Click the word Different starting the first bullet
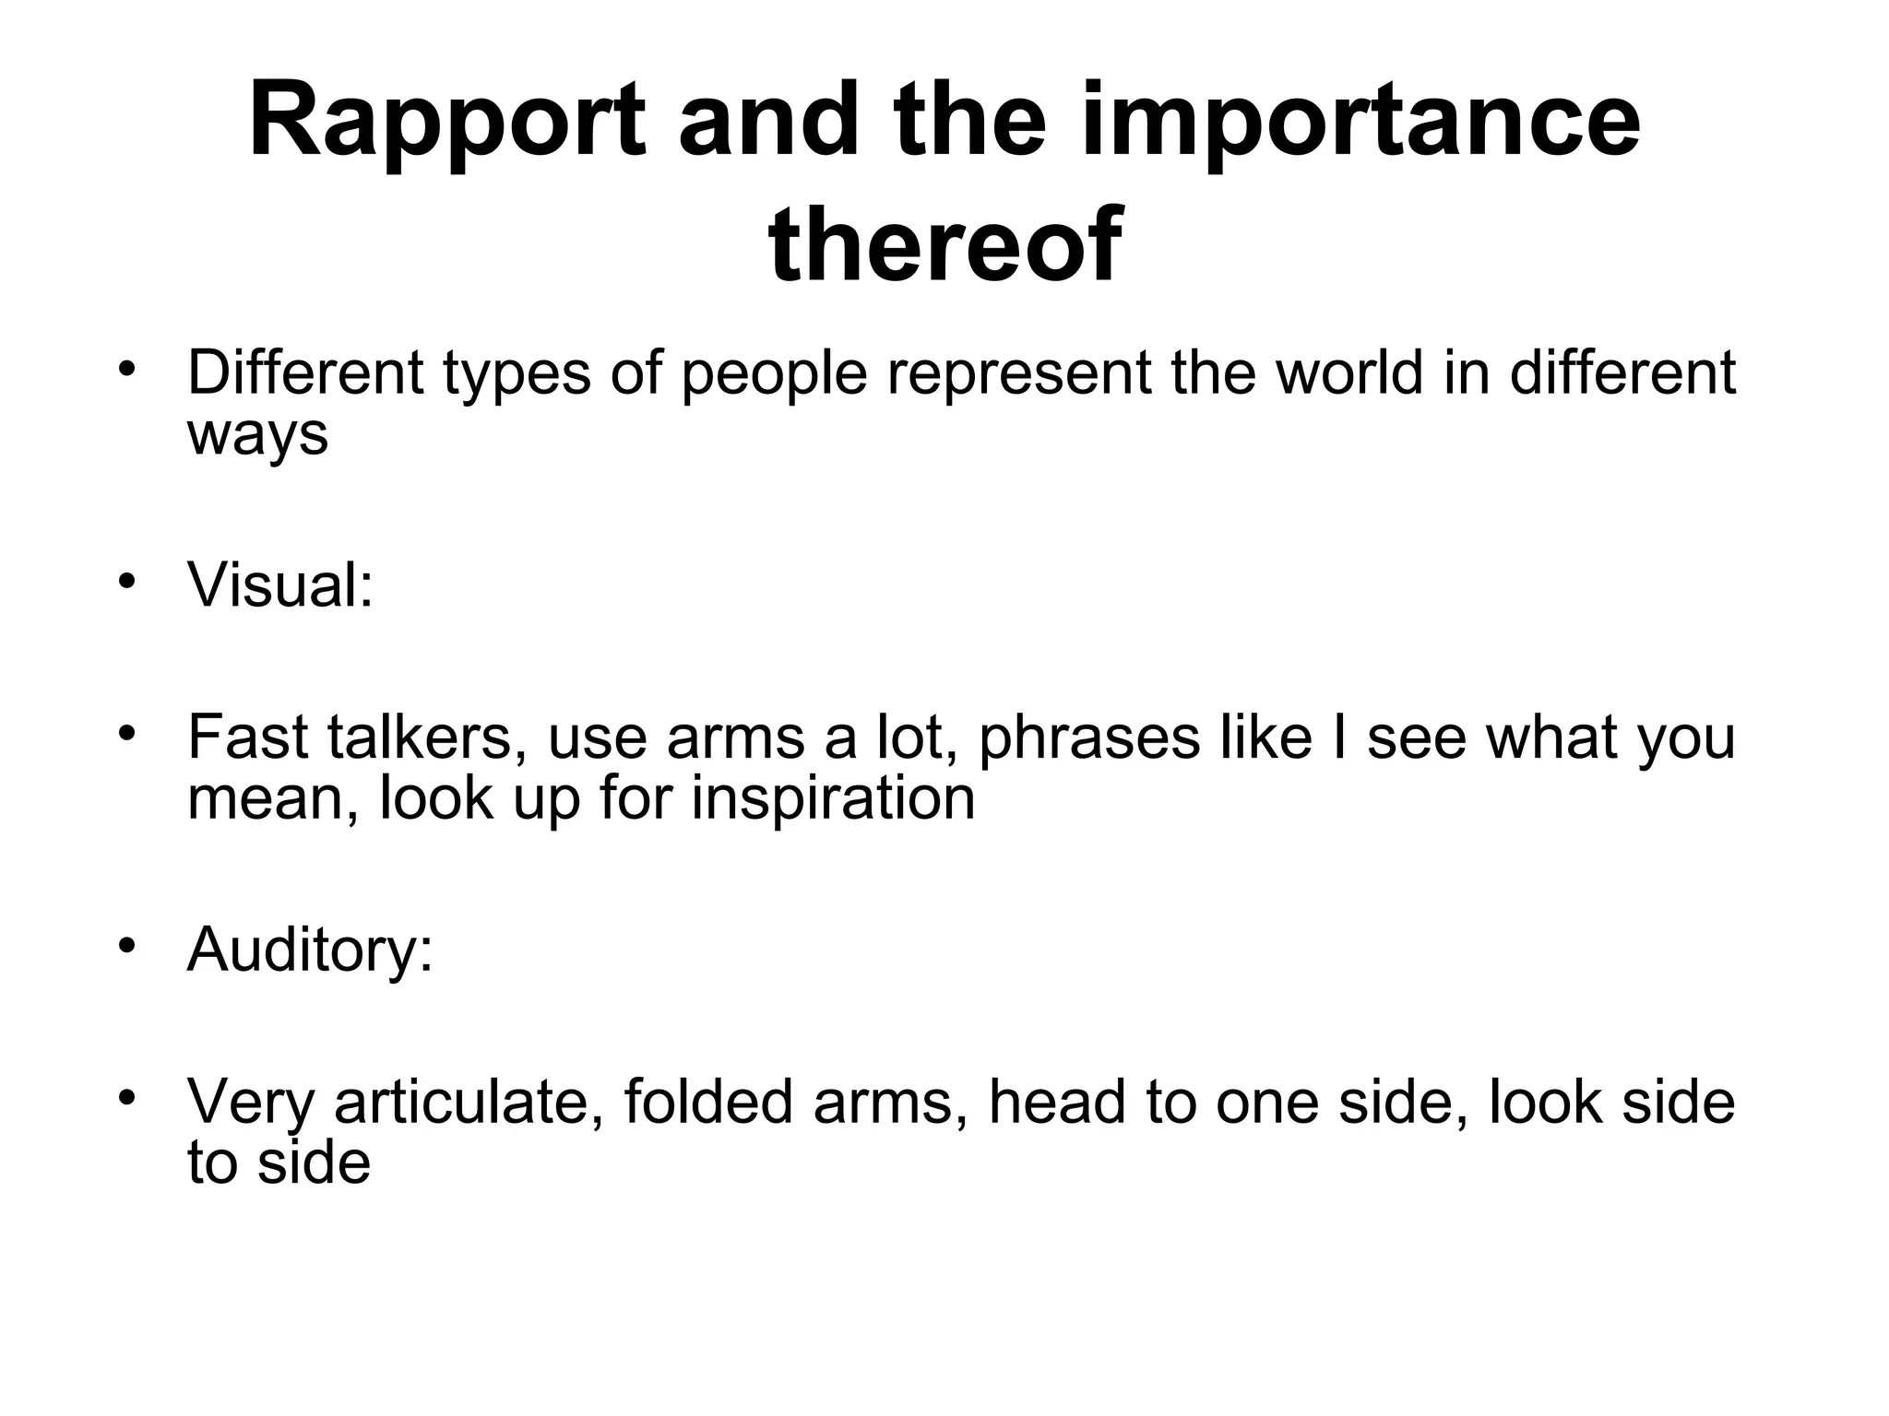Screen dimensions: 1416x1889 (x=305, y=372)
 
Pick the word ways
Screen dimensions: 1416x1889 (x=257, y=433)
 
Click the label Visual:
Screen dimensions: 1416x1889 (x=280, y=585)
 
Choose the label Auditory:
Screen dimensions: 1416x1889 (x=310, y=950)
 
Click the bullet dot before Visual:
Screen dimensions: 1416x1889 (x=127, y=582)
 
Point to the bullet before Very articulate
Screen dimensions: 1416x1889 (x=127, y=1097)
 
